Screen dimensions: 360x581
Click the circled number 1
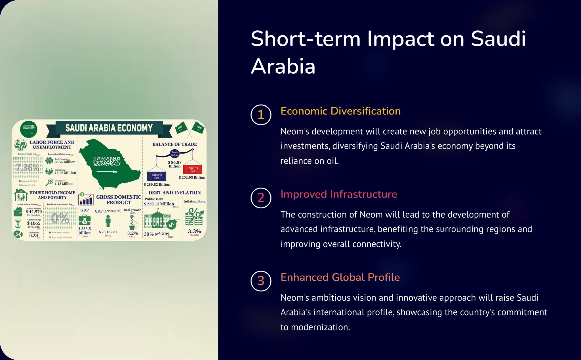(261, 115)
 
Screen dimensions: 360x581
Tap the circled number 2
(261, 198)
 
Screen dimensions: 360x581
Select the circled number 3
(261, 281)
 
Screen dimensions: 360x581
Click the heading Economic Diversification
(340, 111)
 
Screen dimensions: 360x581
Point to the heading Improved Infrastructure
(339, 194)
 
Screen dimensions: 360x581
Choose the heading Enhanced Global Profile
(340, 277)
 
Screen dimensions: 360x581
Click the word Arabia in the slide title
(283, 66)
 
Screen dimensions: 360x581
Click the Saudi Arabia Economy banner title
(109, 128)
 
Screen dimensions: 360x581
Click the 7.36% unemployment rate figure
(28, 168)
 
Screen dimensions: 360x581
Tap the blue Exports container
(157, 176)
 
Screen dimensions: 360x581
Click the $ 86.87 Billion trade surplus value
(174, 164)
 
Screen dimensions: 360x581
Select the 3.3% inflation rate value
(194, 231)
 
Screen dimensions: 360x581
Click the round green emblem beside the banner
(29, 129)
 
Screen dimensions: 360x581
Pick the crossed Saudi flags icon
(190, 128)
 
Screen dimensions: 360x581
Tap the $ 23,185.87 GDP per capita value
(108, 232)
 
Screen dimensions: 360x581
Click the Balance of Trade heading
(174, 144)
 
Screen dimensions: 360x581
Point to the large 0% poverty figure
(60, 218)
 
